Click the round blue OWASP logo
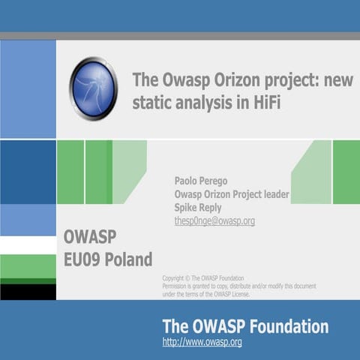(x=94, y=88)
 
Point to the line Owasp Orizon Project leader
(x=231, y=194)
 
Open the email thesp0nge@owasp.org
(x=214, y=221)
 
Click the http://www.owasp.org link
(x=202, y=343)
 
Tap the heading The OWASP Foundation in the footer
(x=245, y=326)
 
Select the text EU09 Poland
(x=108, y=260)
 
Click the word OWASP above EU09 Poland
(x=90, y=238)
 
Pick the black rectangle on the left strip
(x=28, y=292)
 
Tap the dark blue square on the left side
(x=28, y=172)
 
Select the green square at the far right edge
(x=346, y=172)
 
